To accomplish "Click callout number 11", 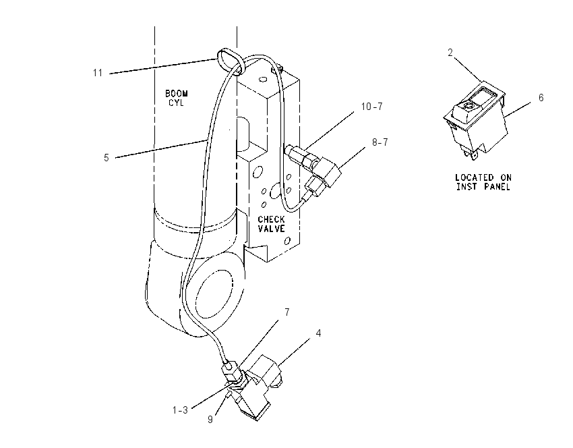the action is click(98, 73).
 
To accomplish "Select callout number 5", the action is click(107, 158).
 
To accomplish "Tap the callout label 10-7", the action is click(371, 107).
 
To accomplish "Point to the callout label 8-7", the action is click(380, 142).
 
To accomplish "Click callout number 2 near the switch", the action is click(450, 53).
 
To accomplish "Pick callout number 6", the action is click(541, 98).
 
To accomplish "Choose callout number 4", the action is click(318, 333).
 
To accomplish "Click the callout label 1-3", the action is click(180, 410).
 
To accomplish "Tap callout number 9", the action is click(210, 420).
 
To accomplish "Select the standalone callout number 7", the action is click(287, 312).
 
